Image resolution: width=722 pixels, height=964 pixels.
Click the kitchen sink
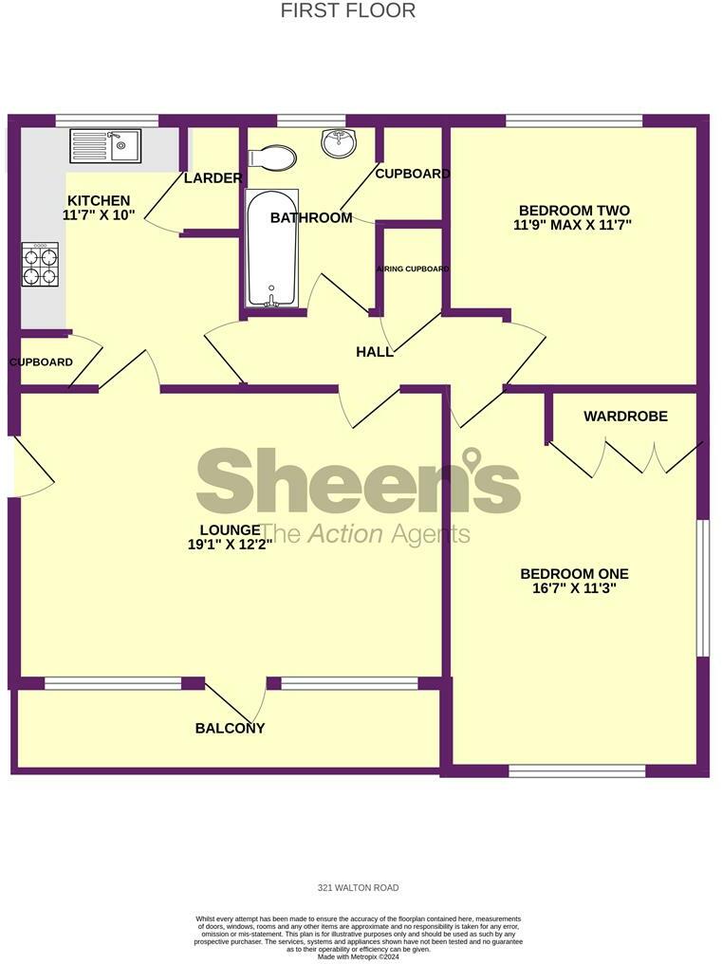point(105,146)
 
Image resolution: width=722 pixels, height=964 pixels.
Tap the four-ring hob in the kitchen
point(40,265)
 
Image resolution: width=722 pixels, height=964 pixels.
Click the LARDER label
point(213,178)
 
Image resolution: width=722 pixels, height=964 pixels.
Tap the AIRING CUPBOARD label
point(413,269)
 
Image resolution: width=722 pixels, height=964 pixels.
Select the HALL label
point(375,352)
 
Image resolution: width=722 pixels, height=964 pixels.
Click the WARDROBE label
point(625,417)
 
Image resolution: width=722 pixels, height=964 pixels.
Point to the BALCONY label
point(230,729)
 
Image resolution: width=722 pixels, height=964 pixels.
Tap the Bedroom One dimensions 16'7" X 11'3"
point(574,588)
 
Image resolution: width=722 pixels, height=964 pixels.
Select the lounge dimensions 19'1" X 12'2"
point(231,545)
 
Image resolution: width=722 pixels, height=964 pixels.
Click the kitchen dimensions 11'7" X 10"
point(99,215)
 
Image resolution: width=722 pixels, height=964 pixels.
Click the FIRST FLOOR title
point(348,11)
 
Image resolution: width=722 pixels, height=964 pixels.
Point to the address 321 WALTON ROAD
point(358,888)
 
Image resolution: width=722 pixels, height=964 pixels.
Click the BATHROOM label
point(311,218)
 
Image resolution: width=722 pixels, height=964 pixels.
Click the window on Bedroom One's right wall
point(703,587)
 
